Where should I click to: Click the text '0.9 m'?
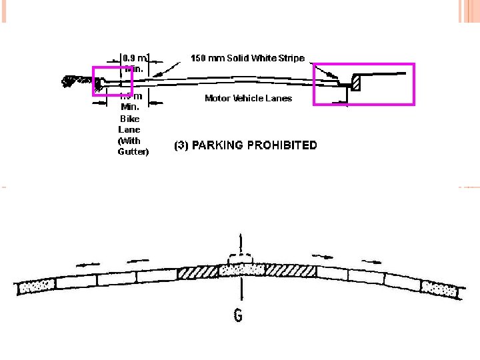(x=134, y=58)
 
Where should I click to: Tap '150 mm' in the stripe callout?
(x=205, y=58)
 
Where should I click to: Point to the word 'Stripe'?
(x=289, y=58)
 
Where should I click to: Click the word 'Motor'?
(x=217, y=99)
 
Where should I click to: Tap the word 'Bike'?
(x=129, y=119)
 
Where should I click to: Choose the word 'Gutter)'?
(x=133, y=152)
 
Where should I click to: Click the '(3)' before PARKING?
(x=181, y=145)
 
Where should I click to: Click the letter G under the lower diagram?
(x=238, y=315)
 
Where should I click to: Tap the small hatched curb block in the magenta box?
(x=356, y=82)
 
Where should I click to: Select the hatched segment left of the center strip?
(x=199, y=273)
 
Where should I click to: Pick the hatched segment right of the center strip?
(x=290, y=271)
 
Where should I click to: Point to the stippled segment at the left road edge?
(x=37, y=287)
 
